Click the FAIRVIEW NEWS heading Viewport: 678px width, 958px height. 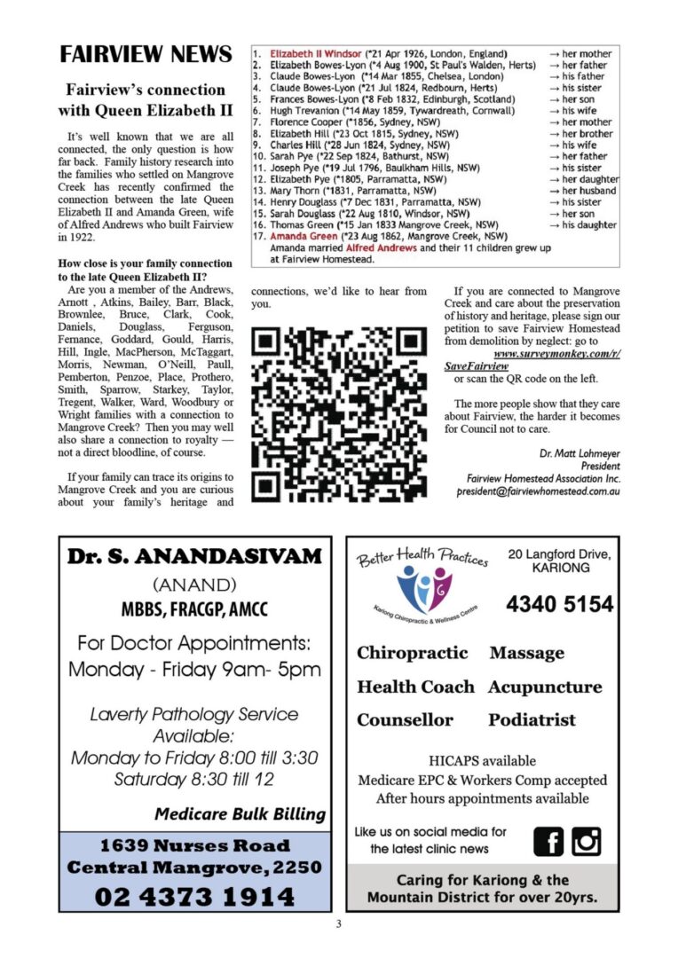(x=146, y=55)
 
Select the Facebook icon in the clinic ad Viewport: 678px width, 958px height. (x=548, y=839)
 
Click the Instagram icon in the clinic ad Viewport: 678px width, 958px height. (x=586, y=839)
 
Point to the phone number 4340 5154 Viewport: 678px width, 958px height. (x=559, y=605)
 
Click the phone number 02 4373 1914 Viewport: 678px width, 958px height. (x=194, y=896)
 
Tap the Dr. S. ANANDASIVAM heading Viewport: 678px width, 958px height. (x=194, y=557)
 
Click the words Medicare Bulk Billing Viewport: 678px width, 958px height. (x=240, y=813)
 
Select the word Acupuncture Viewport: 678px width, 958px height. (x=544, y=687)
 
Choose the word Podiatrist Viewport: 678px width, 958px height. (x=532, y=719)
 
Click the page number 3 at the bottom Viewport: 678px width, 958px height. (x=338, y=924)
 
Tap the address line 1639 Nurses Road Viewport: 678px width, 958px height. (x=194, y=845)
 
